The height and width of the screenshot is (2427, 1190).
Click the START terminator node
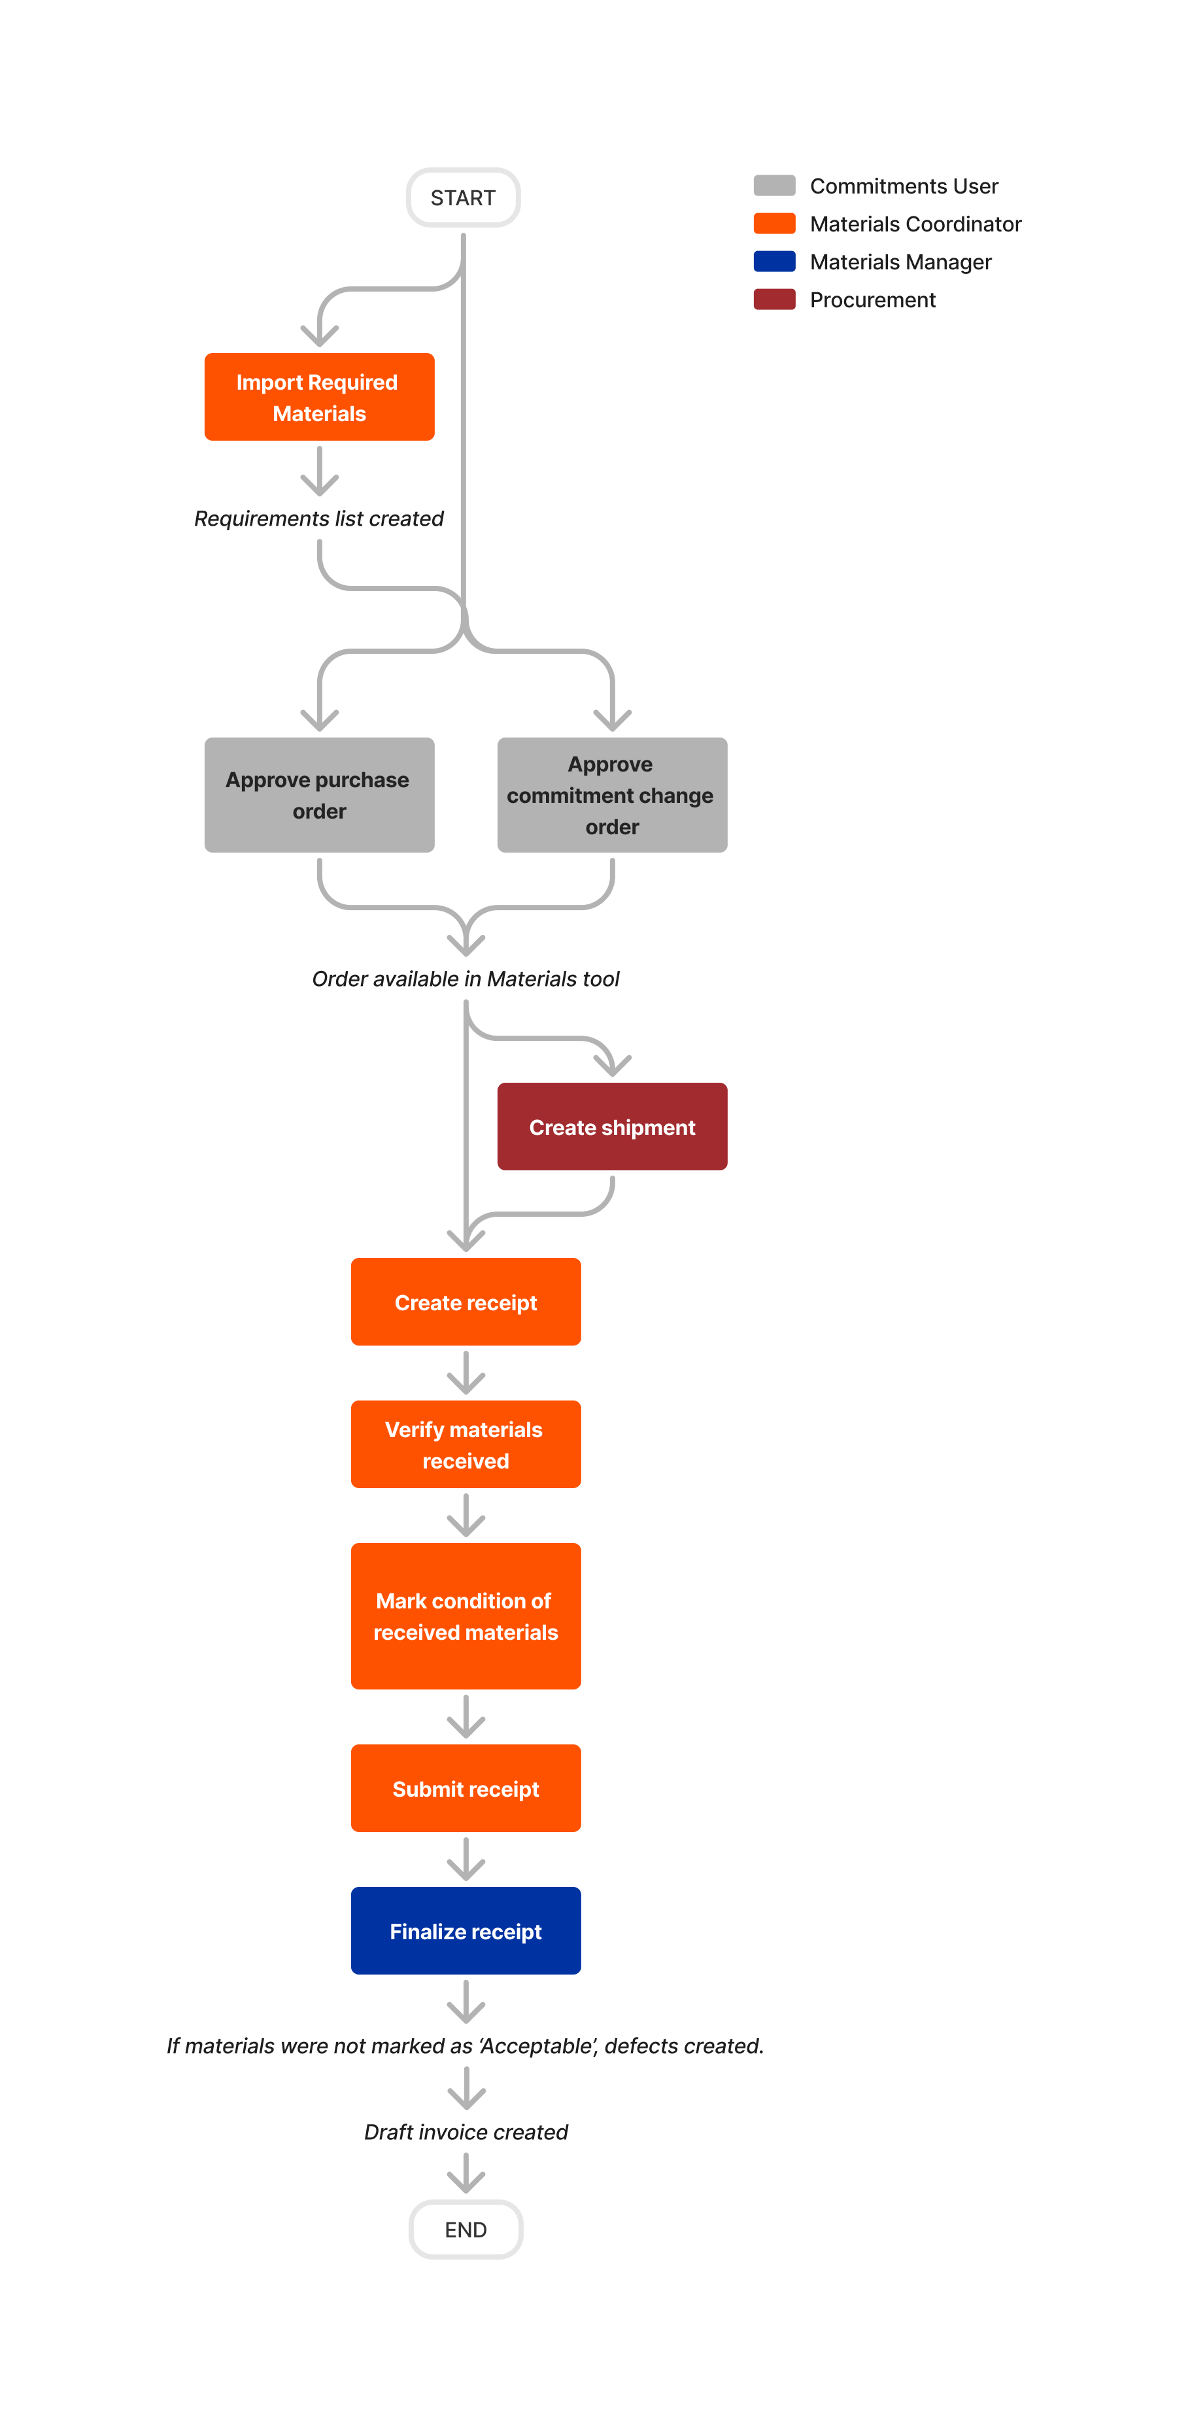tap(463, 198)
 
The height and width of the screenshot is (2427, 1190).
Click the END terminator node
tap(466, 2229)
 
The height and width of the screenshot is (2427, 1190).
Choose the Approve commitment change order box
tap(611, 795)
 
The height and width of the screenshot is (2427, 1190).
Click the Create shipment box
tap(611, 1127)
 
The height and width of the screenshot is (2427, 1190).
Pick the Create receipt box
tap(466, 1302)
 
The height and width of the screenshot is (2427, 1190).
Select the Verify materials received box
tap(466, 1444)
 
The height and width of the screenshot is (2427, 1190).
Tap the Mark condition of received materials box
tap(466, 1616)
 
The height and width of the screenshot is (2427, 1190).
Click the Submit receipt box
tap(466, 1788)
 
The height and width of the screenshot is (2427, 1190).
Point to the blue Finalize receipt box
tap(466, 1931)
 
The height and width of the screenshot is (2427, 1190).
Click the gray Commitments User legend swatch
tap(773, 186)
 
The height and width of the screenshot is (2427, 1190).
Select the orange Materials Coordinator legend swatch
tap(773, 224)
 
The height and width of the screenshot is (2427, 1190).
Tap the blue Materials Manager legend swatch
tap(773, 261)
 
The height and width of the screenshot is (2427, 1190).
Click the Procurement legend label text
tap(872, 299)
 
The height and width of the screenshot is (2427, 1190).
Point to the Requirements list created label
tap(318, 518)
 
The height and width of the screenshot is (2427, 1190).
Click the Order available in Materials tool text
tap(466, 979)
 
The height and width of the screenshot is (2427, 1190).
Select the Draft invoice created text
tap(466, 2131)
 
